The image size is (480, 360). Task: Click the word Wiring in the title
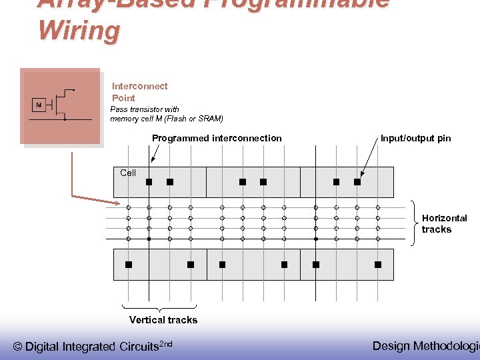(79, 30)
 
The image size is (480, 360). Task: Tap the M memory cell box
(39, 105)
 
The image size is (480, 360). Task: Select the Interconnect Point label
(139, 92)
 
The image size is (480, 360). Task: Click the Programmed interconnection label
(217, 138)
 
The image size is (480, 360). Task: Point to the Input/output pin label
(415, 138)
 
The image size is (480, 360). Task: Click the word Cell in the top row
(128, 173)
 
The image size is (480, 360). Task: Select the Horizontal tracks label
(444, 223)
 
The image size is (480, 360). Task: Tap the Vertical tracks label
(163, 320)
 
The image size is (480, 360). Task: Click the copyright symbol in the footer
(18, 347)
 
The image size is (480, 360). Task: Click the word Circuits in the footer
(139, 347)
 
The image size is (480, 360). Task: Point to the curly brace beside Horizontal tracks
(414, 223)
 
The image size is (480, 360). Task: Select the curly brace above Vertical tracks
(159, 308)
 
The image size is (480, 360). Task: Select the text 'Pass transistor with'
(145, 109)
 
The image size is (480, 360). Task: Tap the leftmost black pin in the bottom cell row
(129, 265)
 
